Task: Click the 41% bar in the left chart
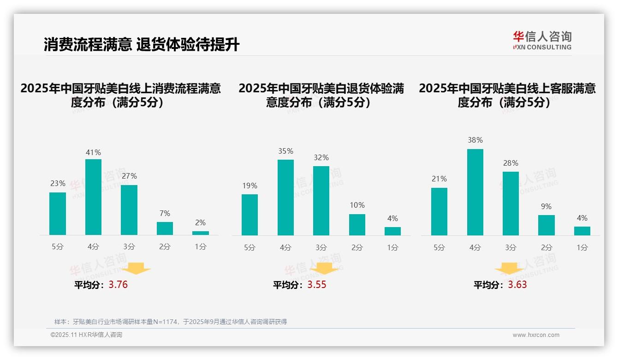coord(93,197)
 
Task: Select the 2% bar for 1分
coord(201,233)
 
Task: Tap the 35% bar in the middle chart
coord(285,198)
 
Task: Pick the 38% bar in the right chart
coord(475,192)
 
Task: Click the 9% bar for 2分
coord(547,225)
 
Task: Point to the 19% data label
coord(250,186)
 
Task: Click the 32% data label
coord(321,157)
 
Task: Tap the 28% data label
coord(511,163)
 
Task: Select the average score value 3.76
coord(118,285)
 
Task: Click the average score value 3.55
coord(317,285)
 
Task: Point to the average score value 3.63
coord(517,285)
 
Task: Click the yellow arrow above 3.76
coord(137,269)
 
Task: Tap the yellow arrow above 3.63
coord(509,269)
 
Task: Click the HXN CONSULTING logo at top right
coord(542,41)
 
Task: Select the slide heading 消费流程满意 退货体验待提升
coord(142,45)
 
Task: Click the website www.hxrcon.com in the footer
coord(536,335)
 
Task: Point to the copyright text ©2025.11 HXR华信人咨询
coord(86,335)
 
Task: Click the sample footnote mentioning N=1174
coord(171,322)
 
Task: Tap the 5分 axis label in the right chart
coord(439,247)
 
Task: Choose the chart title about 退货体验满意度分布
coord(321,95)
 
